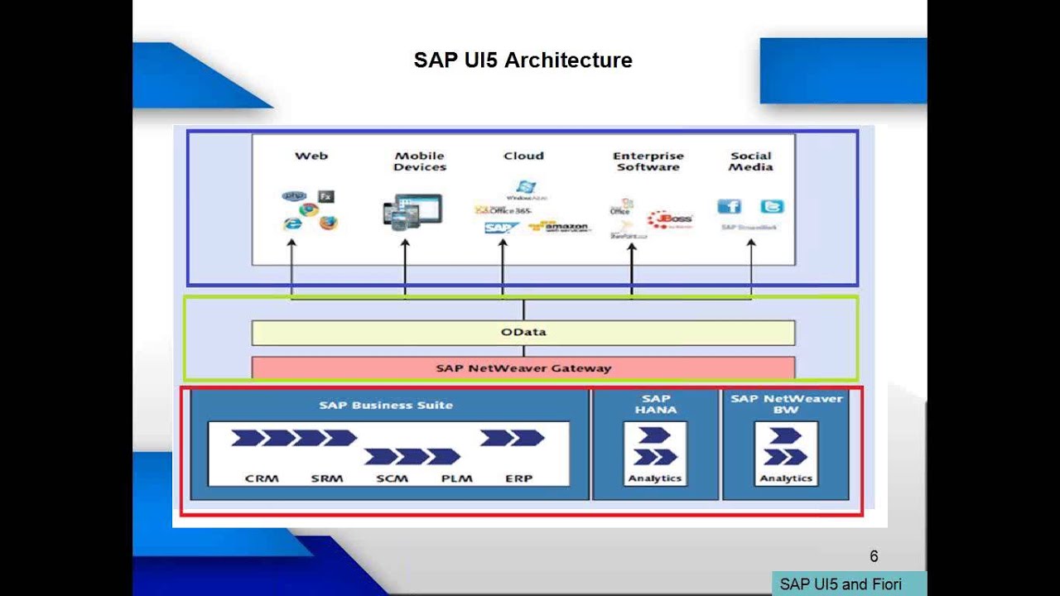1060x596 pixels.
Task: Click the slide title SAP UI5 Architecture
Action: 523,60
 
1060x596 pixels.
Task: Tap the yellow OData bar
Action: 523,332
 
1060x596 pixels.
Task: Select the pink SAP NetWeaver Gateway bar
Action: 523,368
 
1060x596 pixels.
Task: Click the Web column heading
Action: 311,156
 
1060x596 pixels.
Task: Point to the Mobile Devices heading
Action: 420,161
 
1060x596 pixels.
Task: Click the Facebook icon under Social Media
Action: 729,206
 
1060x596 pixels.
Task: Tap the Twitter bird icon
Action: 772,206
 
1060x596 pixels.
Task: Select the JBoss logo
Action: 670,219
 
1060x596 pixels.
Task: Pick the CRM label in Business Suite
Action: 262,478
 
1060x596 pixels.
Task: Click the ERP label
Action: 519,478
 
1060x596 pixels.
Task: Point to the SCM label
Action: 392,478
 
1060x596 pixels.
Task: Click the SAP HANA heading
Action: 655,404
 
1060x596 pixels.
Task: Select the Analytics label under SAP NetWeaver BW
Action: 785,478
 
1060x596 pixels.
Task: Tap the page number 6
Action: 874,556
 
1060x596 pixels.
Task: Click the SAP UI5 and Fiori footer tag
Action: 841,584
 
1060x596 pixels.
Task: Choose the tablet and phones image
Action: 412,211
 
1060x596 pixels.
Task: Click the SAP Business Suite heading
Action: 386,406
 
